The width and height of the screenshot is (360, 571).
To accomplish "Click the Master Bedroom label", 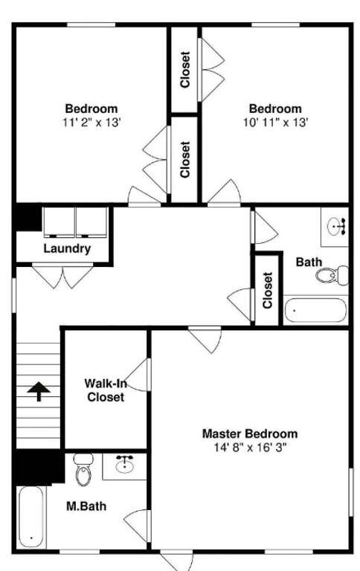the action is [250, 433].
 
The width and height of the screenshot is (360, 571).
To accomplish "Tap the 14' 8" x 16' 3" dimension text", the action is [251, 447].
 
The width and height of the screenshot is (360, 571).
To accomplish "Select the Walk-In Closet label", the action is [106, 390].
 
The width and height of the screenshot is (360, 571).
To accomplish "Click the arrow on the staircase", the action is [39, 391].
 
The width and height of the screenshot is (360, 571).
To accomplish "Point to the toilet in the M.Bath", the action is [84, 470].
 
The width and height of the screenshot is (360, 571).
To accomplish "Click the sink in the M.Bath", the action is [125, 465].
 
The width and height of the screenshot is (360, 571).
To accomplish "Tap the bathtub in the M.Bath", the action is [30, 517].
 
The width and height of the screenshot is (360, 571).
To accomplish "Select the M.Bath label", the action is [86, 506].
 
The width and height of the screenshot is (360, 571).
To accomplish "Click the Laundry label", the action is [67, 249].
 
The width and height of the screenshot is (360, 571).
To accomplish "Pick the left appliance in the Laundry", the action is [59, 222].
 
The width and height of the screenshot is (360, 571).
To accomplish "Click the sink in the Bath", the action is [336, 228].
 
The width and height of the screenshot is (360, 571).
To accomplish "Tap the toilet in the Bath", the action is [332, 275].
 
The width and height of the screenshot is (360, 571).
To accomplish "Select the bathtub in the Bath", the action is [315, 311].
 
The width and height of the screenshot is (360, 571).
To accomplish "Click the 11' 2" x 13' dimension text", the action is [91, 123].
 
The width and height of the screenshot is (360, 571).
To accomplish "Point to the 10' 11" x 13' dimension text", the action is [275, 123].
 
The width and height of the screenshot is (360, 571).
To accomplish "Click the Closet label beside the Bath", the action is [268, 290].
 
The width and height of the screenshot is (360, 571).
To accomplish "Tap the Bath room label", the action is [309, 262].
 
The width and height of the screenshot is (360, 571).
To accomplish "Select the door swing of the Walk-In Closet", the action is [137, 375].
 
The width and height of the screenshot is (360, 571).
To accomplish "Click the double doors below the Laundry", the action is [62, 277].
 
